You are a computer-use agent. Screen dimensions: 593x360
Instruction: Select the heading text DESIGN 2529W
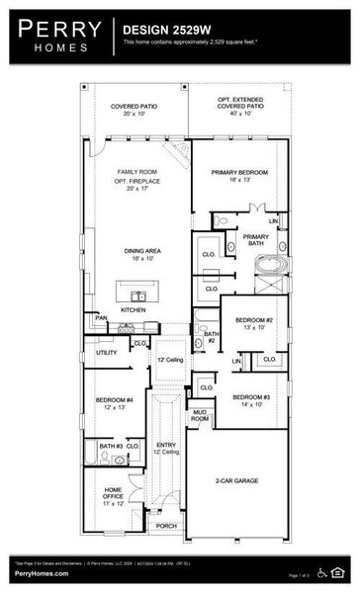[162, 31]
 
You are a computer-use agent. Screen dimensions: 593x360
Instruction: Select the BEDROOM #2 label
[253, 320]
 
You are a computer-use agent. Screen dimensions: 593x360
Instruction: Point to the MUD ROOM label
[201, 415]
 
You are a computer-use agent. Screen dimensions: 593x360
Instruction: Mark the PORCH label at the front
[166, 525]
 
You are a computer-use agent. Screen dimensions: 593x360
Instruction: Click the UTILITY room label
[107, 352]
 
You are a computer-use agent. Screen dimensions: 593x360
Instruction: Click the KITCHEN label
[135, 309]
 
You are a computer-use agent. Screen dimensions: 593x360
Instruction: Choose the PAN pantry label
[101, 317]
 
